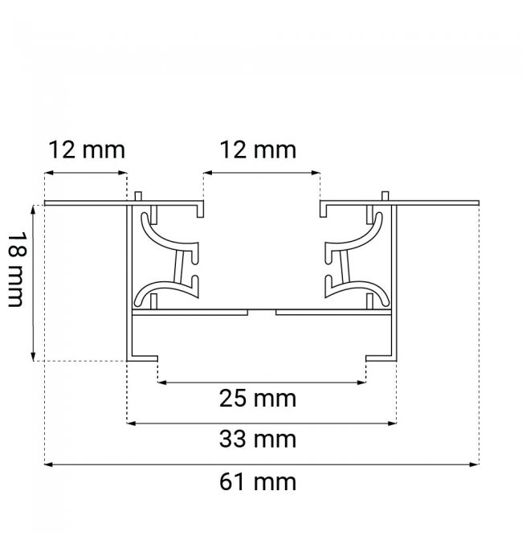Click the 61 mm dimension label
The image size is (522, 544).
click(x=258, y=482)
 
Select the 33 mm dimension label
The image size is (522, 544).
click(x=258, y=439)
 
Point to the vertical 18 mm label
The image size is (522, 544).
click(x=16, y=269)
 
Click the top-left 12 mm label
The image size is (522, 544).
click(x=87, y=150)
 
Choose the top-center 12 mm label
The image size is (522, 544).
click(x=258, y=150)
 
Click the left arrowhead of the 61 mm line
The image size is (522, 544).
click(x=48, y=464)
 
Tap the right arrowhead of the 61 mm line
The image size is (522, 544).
click(x=475, y=464)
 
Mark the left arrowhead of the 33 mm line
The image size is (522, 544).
click(x=131, y=423)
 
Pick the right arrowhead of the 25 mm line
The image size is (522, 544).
click(x=361, y=382)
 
